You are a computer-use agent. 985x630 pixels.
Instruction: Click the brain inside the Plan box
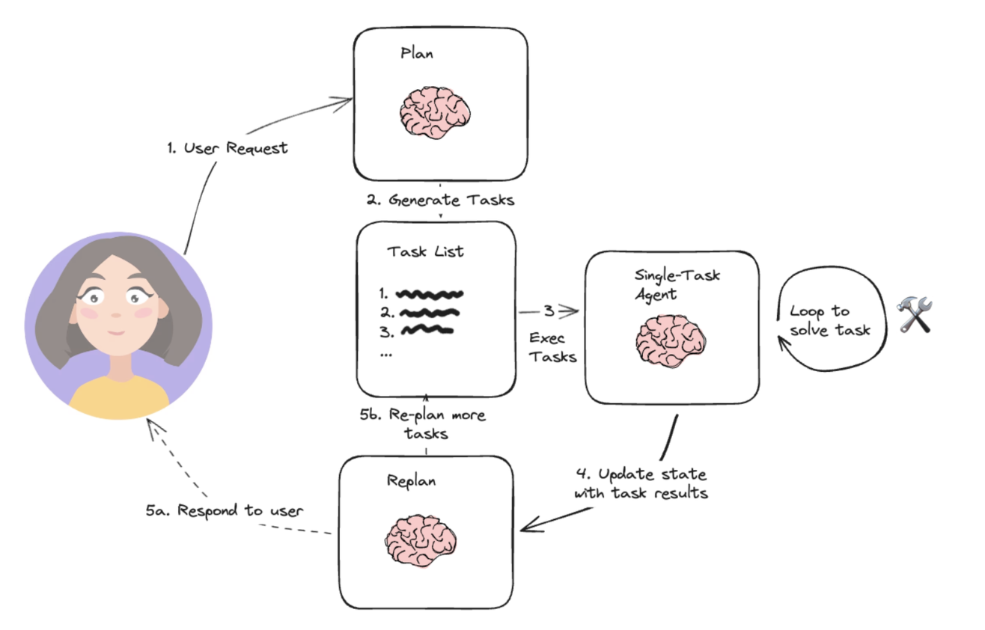tap(435, 112)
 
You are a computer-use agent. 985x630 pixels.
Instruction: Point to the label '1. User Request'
tap(228, 148)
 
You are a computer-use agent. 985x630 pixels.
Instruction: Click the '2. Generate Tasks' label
tap(440, 200)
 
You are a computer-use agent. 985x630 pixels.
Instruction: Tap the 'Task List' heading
tap(425, 251)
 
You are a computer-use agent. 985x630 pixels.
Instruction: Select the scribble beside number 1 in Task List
tap(430, 293)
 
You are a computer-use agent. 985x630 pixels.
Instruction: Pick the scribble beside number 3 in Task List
tap(427, 328)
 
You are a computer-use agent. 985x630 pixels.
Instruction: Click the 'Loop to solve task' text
tap(830, 320)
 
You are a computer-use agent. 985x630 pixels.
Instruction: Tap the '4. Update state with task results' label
tap(641, 484)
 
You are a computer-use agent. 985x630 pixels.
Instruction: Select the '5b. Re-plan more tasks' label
tap(427, 424)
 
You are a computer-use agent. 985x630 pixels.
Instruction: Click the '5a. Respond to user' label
tap(225, 511)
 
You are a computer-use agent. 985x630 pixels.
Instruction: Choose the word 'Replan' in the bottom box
tap(411, 480)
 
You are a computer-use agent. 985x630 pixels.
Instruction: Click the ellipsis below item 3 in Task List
tap(386, 353)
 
